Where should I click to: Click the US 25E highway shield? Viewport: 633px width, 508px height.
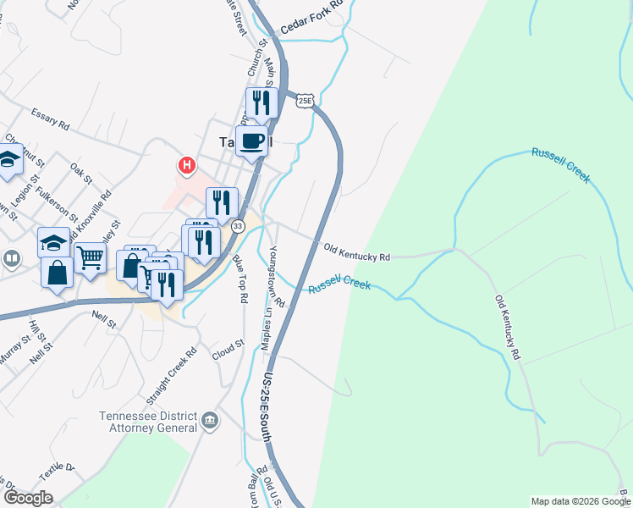305,101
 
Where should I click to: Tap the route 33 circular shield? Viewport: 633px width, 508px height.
239,226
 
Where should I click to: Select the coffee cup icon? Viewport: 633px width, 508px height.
253,141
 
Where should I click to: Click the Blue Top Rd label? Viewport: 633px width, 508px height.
239,280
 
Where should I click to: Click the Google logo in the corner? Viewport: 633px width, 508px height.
28,498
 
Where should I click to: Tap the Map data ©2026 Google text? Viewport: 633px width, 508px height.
579,501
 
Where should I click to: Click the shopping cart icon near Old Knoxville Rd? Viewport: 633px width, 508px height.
90,257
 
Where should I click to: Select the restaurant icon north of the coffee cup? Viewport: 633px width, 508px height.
261,102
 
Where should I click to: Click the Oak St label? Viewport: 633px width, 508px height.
81,173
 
